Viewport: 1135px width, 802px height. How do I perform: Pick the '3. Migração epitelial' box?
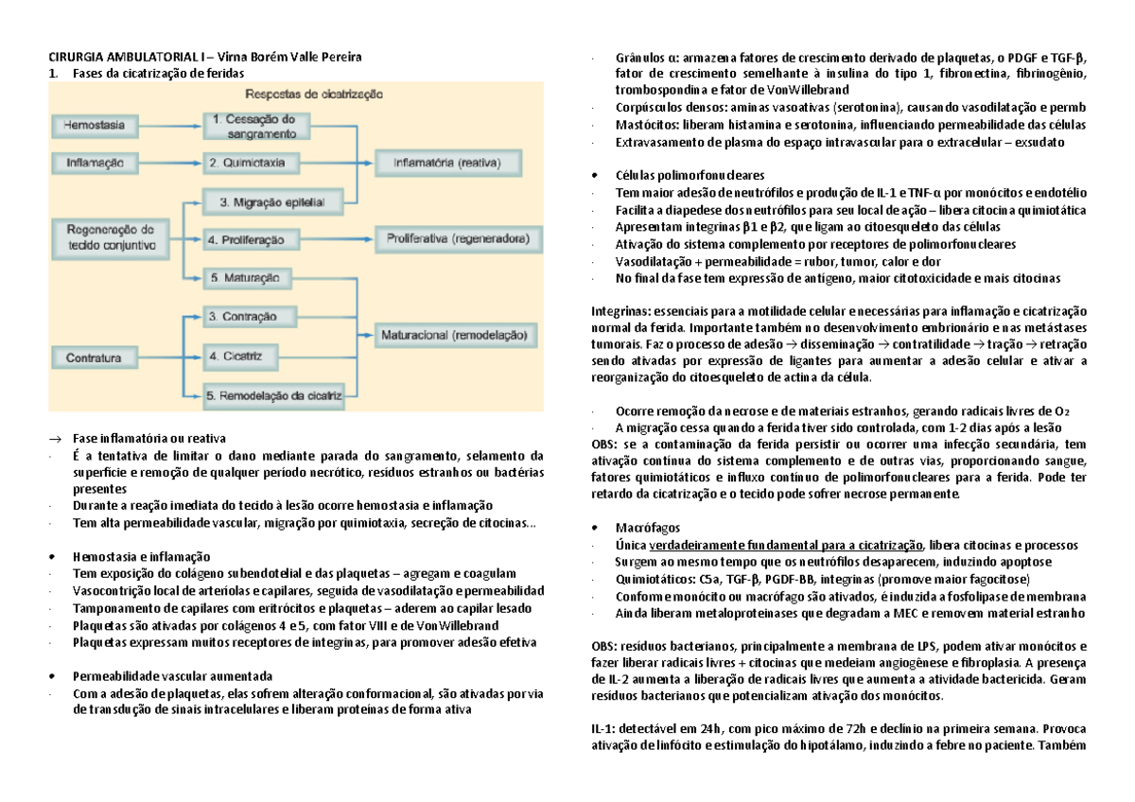point(271,201)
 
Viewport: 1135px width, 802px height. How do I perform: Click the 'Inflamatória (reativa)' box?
point(446,163)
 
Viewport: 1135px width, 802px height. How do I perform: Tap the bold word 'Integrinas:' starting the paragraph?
point(620,311)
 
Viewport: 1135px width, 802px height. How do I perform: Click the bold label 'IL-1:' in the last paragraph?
point(604,727)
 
